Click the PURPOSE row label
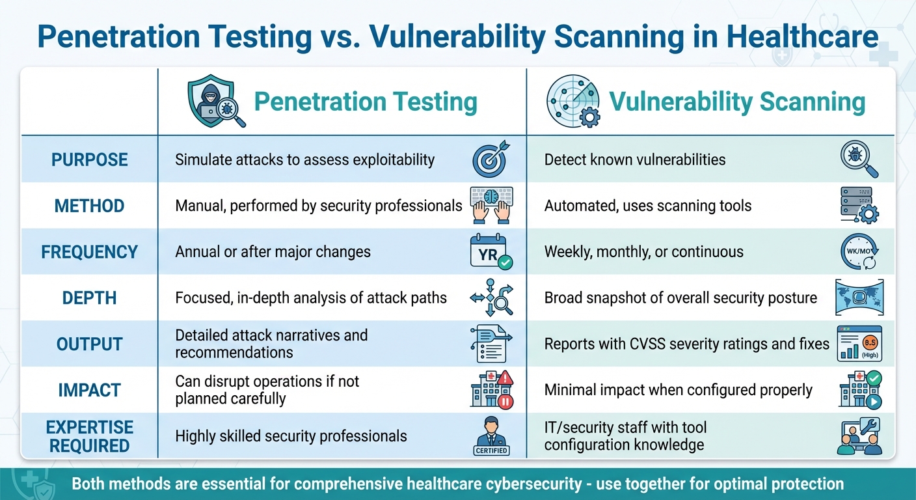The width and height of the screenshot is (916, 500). pos(89,160)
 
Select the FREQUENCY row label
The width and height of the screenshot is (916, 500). pos(89,252)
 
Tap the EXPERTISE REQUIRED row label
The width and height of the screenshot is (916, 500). pos(89,436)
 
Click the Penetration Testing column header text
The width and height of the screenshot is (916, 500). pos(365,102)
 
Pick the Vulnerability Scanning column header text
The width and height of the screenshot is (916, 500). pos(736,102)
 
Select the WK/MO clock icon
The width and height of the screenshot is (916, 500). pos(858,252)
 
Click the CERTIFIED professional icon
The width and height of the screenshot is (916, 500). pos(491,436)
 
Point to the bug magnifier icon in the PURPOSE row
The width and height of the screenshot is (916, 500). pos(859,160)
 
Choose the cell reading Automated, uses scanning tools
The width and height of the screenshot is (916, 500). pos(647,206)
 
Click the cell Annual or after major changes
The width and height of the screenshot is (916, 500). pos(273,252)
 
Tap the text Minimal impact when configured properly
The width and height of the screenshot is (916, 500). pos(678,390)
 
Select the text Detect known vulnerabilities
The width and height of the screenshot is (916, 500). pos(634,160)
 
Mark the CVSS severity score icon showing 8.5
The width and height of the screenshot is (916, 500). pos(859,344)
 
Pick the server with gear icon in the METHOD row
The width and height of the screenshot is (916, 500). pos(859,206)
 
